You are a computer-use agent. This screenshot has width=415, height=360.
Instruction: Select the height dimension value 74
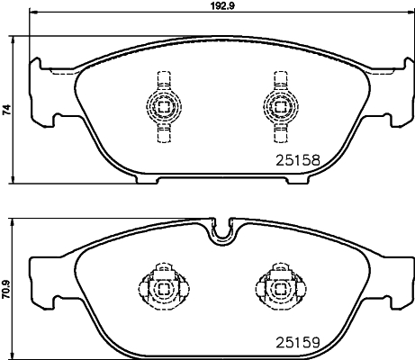click(7, 111)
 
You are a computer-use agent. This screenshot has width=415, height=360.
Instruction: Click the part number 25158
click(297, 162)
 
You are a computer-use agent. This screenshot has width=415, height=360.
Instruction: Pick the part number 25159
click(297, 342)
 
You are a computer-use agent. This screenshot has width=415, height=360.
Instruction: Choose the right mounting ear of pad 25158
click(394, 93)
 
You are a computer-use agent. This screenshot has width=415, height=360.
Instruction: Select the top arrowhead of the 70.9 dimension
click(16, 222)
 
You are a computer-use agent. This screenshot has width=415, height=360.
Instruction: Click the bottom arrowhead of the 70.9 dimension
click(16, 354)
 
